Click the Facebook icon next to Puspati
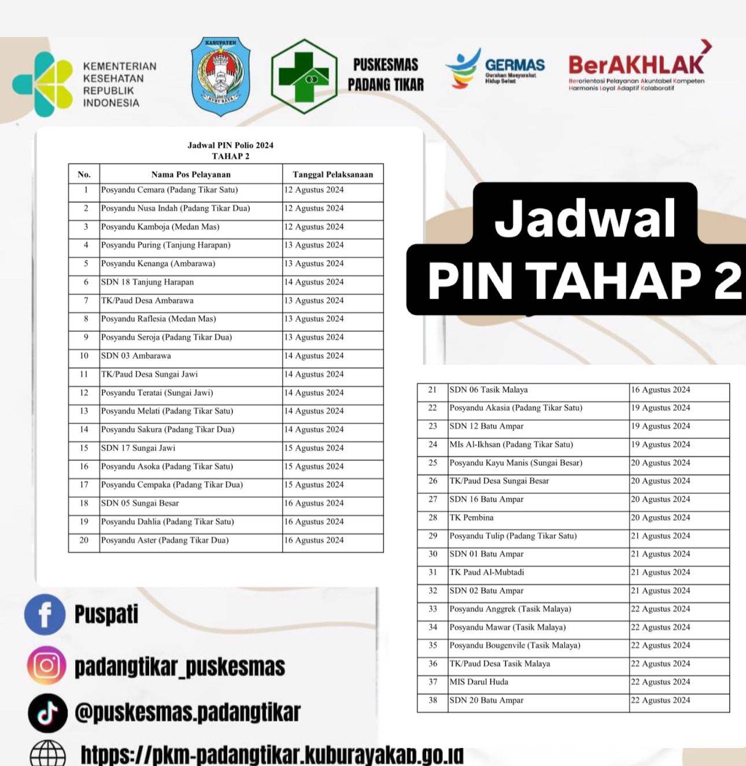(45, 615)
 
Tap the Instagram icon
(46, 665)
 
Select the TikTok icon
(47, 713)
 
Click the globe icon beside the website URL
(47, 754)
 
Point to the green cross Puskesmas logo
(303, 76)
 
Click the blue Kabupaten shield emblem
(220, 76)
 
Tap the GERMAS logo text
(515, 65)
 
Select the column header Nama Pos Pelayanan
(191, 174)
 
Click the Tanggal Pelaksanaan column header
(333, 174)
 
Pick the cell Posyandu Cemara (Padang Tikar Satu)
(169, 190)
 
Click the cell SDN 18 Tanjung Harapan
(147, 282)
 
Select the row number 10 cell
(84, 356)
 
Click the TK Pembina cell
(471, 517)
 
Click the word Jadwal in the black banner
(585, 219)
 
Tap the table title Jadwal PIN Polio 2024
(230, 145)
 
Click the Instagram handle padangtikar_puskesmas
(180, 667)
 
